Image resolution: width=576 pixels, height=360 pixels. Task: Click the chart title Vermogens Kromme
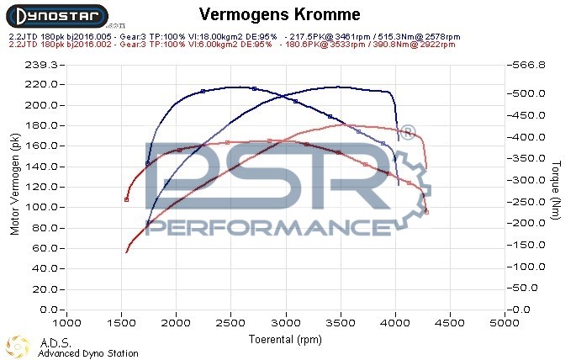[x=281, y=14]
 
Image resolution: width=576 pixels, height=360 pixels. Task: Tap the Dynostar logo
[x=55, y=15]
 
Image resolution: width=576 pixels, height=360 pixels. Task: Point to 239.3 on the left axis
[x=41, y=65]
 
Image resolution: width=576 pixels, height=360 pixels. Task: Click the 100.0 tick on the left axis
[x=41, y=207]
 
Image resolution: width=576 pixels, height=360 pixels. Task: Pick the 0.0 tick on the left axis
[x=46, y=310]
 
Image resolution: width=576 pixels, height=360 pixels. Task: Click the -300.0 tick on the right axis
[x=529, y=180]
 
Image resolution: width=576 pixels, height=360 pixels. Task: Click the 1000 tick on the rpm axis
[x=67, y=323]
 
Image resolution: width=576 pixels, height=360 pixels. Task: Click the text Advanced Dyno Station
[x=88, y=353]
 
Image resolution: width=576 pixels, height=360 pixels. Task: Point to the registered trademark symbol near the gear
[x=406, y=133]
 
